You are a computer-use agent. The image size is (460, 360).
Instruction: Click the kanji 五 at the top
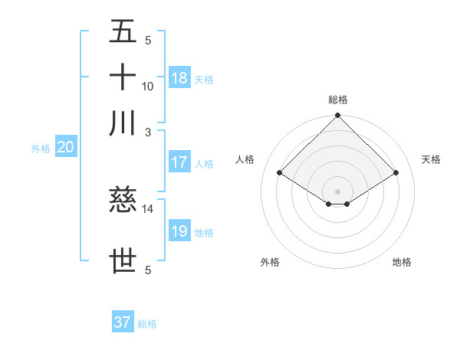tap(123, 33)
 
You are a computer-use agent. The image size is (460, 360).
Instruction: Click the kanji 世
tap(123, 261)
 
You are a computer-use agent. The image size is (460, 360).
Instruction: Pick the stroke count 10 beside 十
tap(148, 87)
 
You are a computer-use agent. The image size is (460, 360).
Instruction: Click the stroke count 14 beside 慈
tap(148, 208)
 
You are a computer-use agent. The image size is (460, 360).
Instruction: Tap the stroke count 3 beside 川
tap(148, 131)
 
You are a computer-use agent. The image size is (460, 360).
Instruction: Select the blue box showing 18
tap(179, 78)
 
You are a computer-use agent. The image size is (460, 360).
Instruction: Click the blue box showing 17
tap(179, 162)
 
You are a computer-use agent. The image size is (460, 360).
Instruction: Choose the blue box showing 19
tap(179, 231)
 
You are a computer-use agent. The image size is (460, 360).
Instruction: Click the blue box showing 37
tap(123, 322)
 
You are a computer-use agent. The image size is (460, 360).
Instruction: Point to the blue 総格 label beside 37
tap(147, 324)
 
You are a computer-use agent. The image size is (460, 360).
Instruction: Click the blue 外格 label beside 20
tap(41, 149)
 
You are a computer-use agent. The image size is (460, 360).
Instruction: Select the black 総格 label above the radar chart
tap(338, 100)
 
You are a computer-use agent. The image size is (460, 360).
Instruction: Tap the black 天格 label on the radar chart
tap(432, 159)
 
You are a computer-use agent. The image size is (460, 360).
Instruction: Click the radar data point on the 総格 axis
tap(338, 116)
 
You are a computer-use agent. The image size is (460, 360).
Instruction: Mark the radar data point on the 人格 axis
tap(280, 173)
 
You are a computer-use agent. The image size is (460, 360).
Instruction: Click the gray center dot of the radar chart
tap(338, 191)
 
